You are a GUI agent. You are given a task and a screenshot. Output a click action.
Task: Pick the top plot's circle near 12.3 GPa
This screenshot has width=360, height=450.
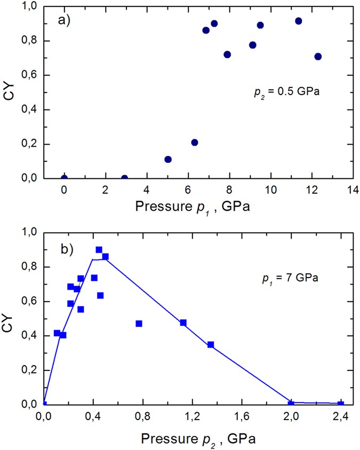[318, 57]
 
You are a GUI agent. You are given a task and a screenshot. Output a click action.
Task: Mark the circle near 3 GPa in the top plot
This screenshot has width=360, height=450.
[125, 178]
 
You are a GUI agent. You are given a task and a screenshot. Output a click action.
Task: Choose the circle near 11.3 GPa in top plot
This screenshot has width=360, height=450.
[299, 21]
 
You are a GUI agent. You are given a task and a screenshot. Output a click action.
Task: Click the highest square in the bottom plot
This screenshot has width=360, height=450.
[99, 250]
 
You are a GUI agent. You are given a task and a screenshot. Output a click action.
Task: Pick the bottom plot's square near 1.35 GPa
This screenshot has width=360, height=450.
[211, 345]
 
